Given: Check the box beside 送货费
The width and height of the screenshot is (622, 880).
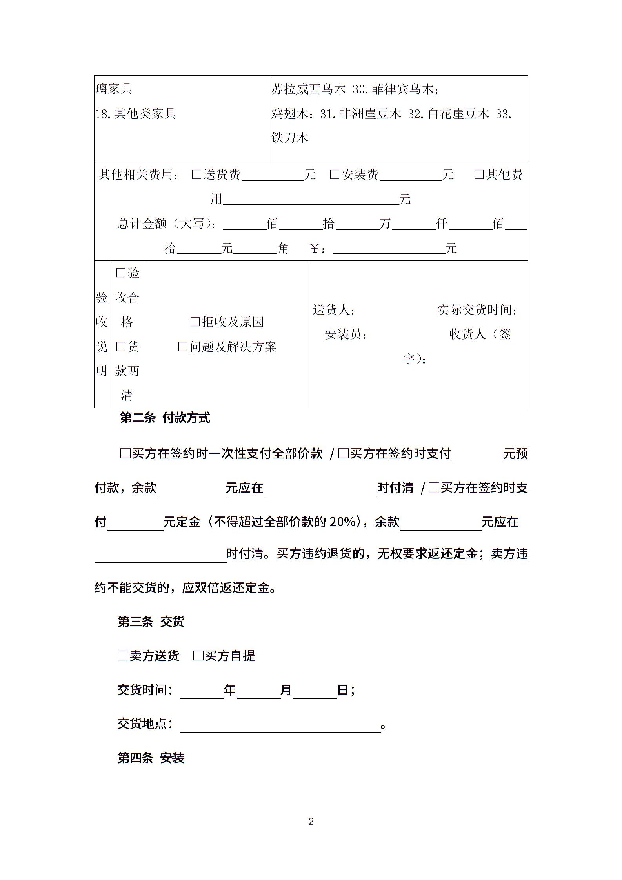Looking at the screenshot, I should point(196,174).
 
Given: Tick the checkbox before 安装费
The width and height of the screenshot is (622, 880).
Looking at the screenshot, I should point(335,174).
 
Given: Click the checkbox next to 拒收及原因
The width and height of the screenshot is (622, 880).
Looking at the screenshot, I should point(195,322).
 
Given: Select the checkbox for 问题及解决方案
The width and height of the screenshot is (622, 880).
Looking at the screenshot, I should point(183,346).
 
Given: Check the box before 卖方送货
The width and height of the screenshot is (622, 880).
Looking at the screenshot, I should point(123,655).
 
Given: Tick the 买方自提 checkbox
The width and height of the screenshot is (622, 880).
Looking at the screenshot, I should point(198,655).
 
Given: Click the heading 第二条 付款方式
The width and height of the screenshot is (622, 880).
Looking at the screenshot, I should point(165,418).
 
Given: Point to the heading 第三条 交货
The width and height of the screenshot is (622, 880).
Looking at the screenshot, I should point(151,622).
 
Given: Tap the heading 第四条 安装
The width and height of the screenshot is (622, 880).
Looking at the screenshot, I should point(151,758).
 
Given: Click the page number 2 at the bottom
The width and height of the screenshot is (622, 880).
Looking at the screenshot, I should point(311,821).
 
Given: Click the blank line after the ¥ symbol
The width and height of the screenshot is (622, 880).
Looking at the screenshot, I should point(388,249).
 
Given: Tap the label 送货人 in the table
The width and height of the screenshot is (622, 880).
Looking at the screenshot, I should point(334,310).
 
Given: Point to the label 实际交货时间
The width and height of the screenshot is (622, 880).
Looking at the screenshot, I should point(477,310).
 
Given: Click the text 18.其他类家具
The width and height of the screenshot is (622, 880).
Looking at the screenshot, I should point(136,114).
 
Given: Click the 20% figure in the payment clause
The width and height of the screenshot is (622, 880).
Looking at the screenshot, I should point(342,522).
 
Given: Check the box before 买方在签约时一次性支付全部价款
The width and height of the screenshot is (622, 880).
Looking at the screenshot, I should point(125,454).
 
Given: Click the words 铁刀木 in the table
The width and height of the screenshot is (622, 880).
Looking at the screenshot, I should point(290,138).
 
